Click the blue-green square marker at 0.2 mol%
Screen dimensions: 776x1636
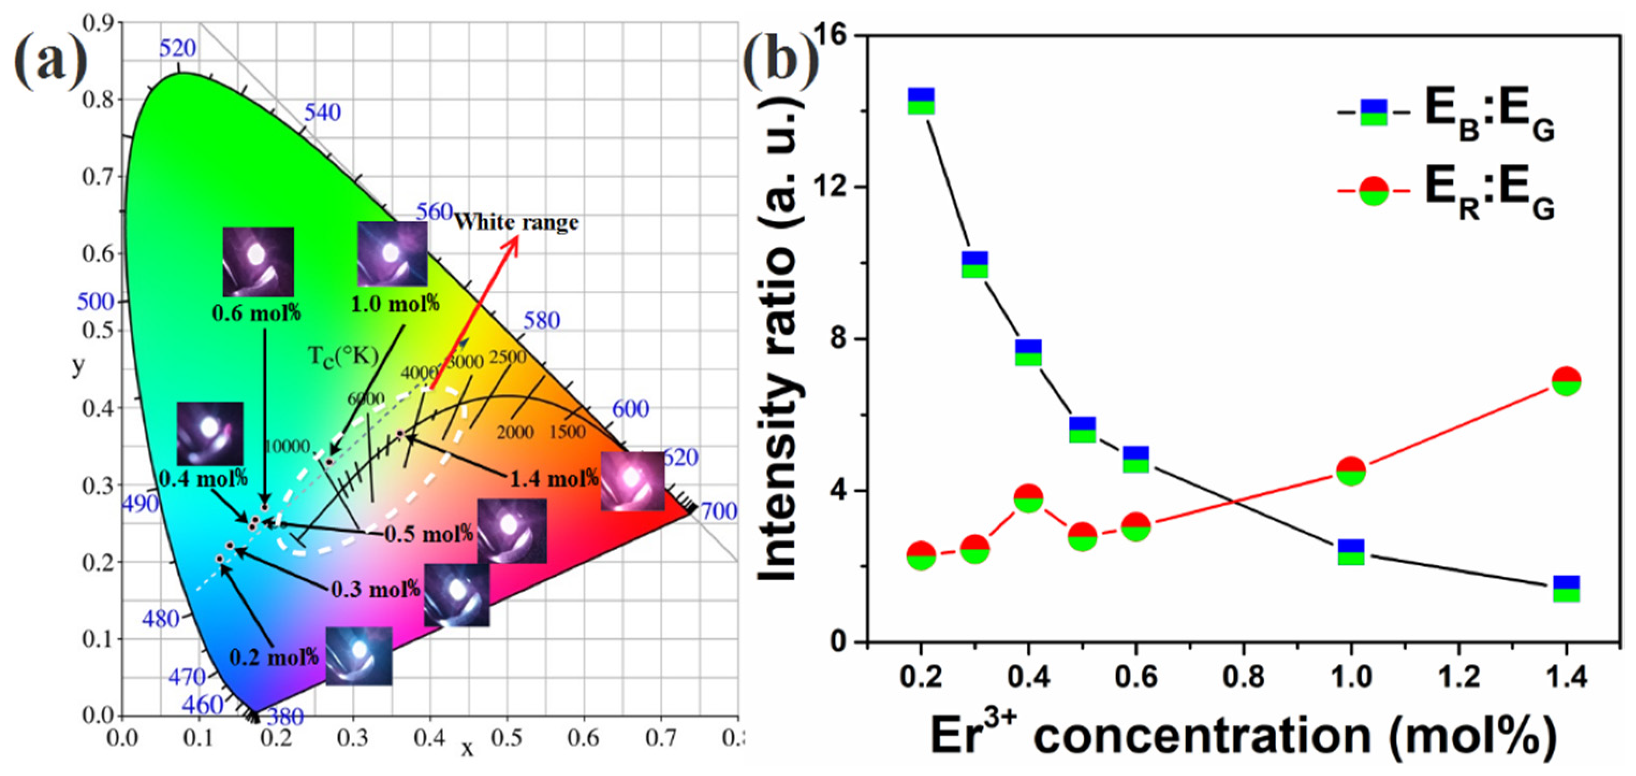pyautogui.click(x=921, y=101)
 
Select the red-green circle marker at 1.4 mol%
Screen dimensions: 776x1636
pyautogui.click(x=1566, y=380)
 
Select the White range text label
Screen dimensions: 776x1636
pyautogui.click(x=516, y=222)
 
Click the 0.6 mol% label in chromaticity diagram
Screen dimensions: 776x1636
pyautogui.click(x=256, y=313)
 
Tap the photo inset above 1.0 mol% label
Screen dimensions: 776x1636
pyautogui.click(x=392, y=253)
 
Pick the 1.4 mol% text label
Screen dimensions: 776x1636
pyautogui.click(x=554, y=478)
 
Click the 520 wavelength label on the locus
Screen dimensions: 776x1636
pyautogui.click(x=177, y=48)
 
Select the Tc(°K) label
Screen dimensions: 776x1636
pyautogui.click(x=343, y=356)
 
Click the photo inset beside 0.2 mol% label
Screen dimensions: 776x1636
pyautogui.click(x=359, y=655)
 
